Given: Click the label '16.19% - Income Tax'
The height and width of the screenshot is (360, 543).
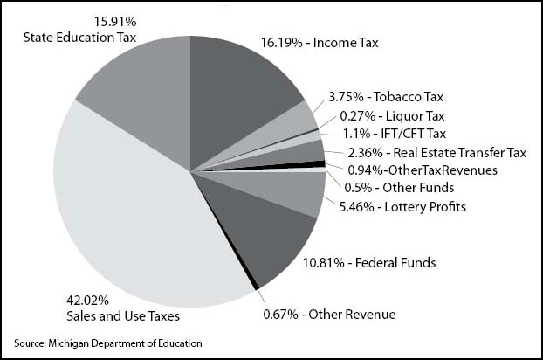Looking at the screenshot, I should click(320, 41).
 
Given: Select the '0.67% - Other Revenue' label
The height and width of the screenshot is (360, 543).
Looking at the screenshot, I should click(329, 315).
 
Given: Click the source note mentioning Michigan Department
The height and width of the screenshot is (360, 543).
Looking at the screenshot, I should click(108, 343).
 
